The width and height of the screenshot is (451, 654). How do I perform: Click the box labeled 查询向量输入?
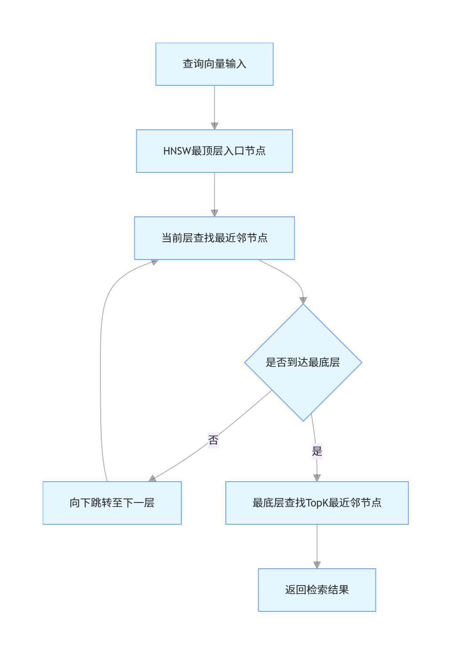tap(214, 64)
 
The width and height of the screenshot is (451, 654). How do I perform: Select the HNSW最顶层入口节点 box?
tap(214, 151)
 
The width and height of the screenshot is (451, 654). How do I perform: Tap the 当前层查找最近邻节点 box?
tap(214, 238)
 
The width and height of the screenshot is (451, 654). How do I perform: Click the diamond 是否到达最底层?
tap(303, 363)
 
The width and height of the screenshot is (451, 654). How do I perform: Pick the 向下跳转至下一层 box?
tap(112, 503)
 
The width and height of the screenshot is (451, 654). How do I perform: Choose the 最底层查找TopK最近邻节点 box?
tap(317, 503)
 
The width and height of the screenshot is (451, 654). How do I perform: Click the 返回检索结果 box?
tap(317, 590)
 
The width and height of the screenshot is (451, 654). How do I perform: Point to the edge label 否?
tap(213, 440)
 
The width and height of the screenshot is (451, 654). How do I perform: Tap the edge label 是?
tap(317, 451)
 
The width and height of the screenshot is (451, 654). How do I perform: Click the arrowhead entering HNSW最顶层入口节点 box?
tap(214, 126)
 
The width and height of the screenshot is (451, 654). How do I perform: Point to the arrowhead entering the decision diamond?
tap(303, 300)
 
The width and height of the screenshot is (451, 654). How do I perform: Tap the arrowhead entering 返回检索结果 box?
tap(317, 565)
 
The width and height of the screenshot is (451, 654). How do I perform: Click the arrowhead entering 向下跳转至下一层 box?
tap(152, 479)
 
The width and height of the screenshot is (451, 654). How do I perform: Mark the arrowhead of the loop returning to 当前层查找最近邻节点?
tap(155, 262)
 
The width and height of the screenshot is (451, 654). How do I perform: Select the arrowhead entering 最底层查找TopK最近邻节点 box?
tap(317, 478)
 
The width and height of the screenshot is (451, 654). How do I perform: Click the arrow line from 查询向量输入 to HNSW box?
tap(214, 104)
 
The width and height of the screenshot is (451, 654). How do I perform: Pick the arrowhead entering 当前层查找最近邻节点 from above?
tap(214, 213)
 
